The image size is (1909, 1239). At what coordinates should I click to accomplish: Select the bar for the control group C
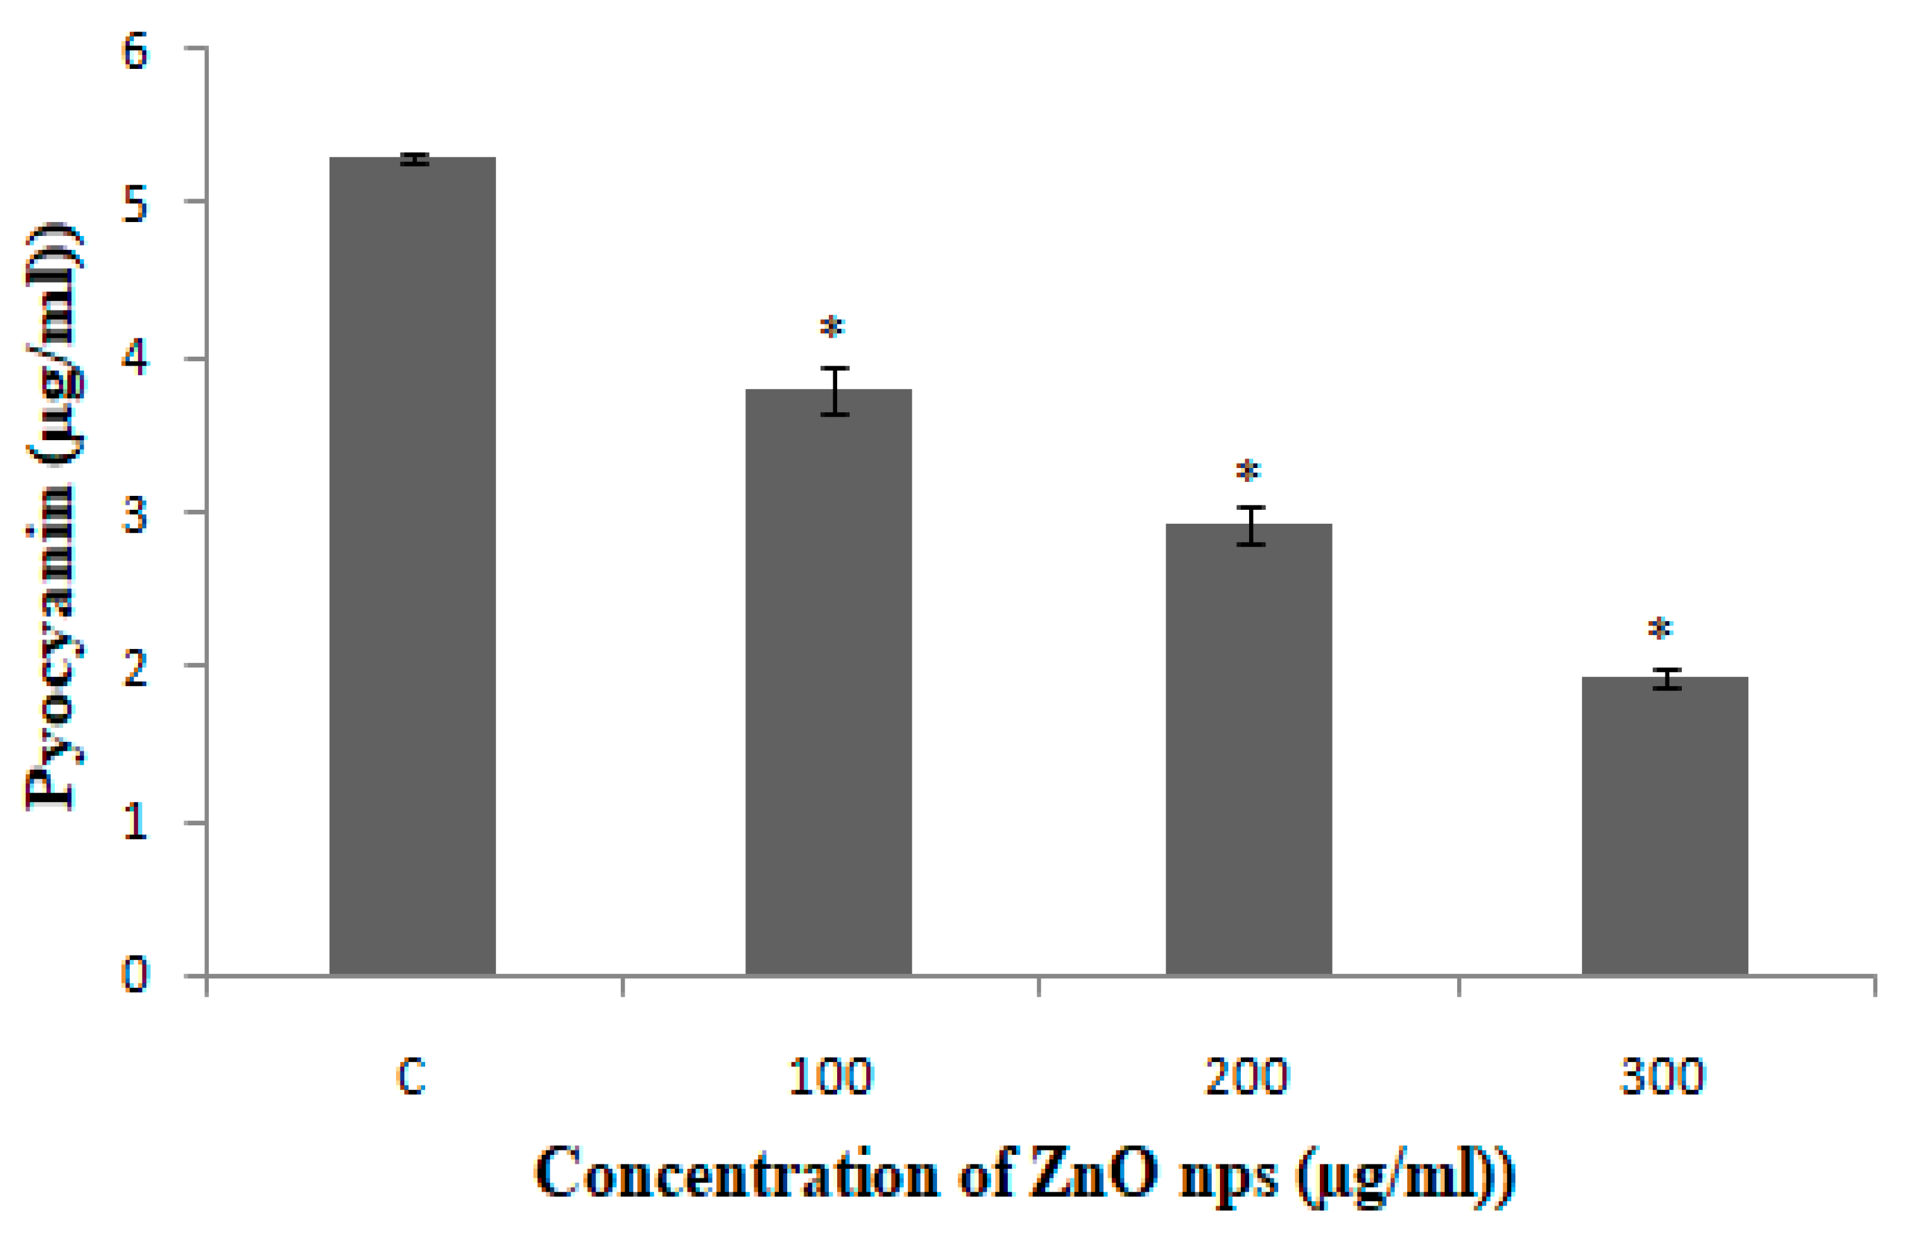point(413,565)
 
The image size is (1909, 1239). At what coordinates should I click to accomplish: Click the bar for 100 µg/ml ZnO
point(828,682)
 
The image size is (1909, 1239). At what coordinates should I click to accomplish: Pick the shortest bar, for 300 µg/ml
point(1664,825)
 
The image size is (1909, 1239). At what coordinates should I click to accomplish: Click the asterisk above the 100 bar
point(833,327)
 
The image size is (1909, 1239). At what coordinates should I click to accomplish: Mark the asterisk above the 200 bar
point(1248,471)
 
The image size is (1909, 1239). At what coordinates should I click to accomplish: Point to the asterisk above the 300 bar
point(1660,628)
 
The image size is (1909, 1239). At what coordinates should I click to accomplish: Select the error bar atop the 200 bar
point(1250,526)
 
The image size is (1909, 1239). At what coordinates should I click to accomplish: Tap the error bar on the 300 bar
point(1666,679)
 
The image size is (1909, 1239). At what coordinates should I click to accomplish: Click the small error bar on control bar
point(414,159)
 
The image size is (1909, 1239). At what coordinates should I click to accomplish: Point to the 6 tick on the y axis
point(135,51)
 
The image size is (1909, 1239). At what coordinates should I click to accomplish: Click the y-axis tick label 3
point(135,515)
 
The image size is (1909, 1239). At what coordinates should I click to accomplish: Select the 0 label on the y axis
point(135,975)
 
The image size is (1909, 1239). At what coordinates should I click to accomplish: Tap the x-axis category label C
point(411,1077)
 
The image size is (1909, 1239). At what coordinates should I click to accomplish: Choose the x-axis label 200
point(1247,1077)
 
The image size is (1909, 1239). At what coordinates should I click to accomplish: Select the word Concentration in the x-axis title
point(737,1173)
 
